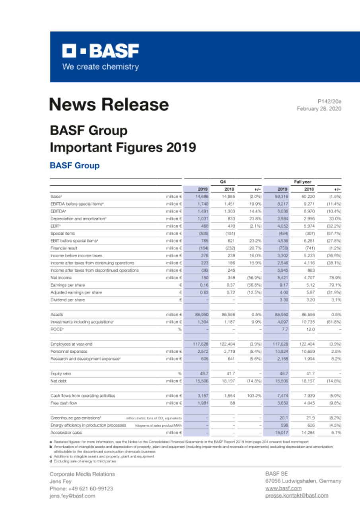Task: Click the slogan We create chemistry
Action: pyautogui.click(x=100, y=67)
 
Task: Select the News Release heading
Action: pyautogui.click(x=109, y=105)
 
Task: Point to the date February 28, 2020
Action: pyautogui.click(x=319, y=109)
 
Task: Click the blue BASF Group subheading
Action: pyautogui.click(x=74, y=165)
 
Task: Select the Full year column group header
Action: pyautogui.click(x=302, y=181)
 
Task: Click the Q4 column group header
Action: pyautogui.click(x=223, y=181)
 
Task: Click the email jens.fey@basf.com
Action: pyautogui.click(x=72, y=496)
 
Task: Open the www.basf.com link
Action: pyautogui.click(x=283, y=488)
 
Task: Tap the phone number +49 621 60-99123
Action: pyautogui.click(x=81, y=488)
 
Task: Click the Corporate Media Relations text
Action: pyautogui.click(x=82, y=474)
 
